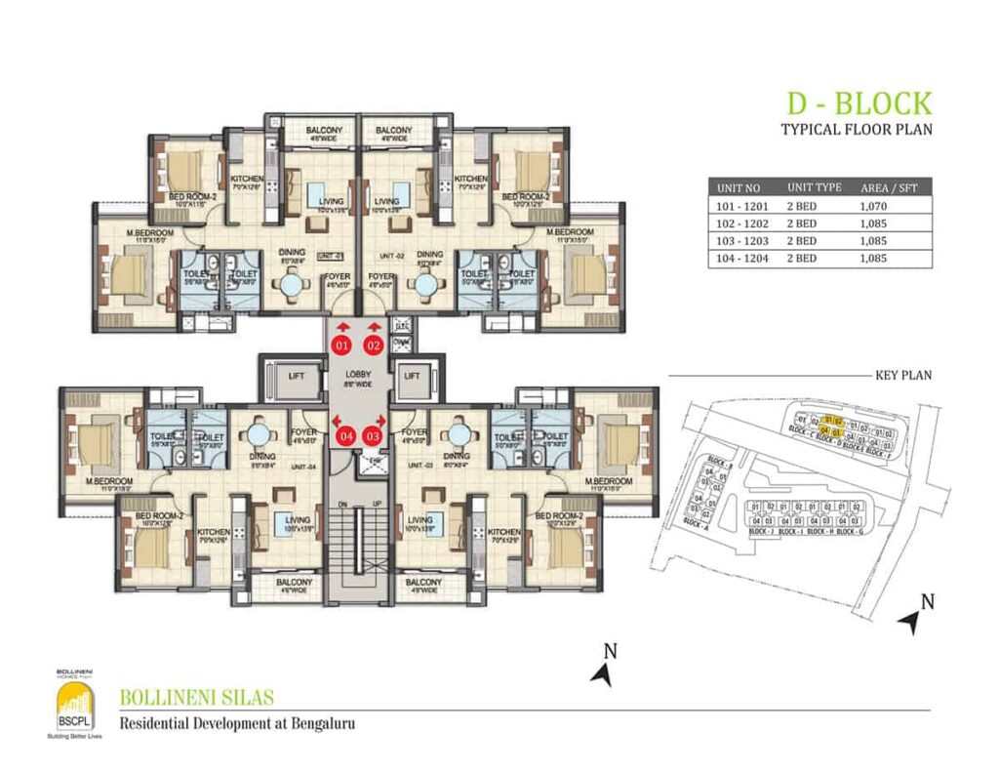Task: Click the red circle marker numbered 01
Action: (341, 345)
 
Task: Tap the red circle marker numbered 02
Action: (373, 345)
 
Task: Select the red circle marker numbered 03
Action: (373, 436)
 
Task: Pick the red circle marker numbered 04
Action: (341, 436)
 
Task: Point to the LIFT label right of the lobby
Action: (411, 375)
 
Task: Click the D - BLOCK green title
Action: (859, 102)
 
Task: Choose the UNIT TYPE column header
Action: (814, 186)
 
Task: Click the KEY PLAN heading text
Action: (906, 374)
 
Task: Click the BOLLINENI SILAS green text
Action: (196, 698)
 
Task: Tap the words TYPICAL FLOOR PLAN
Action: (857, 129)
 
